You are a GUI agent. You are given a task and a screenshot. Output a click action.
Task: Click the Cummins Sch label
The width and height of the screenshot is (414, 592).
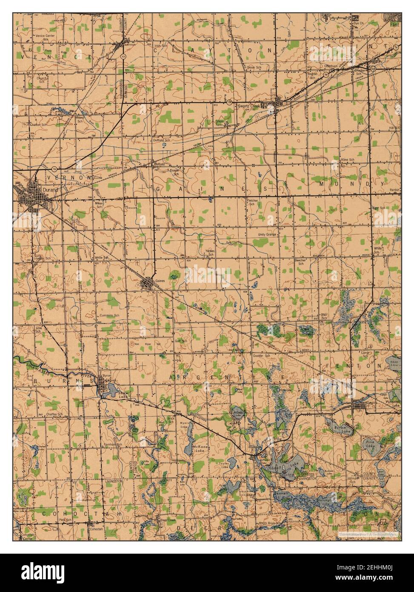coord(106,315)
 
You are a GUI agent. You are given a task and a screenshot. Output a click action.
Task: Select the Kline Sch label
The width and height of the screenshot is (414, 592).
coord(348,159)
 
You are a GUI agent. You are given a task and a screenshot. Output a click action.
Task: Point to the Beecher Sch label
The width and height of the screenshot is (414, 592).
coord(301,261)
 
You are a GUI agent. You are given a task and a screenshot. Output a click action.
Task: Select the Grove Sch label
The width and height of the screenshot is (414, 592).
coord(254,67)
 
